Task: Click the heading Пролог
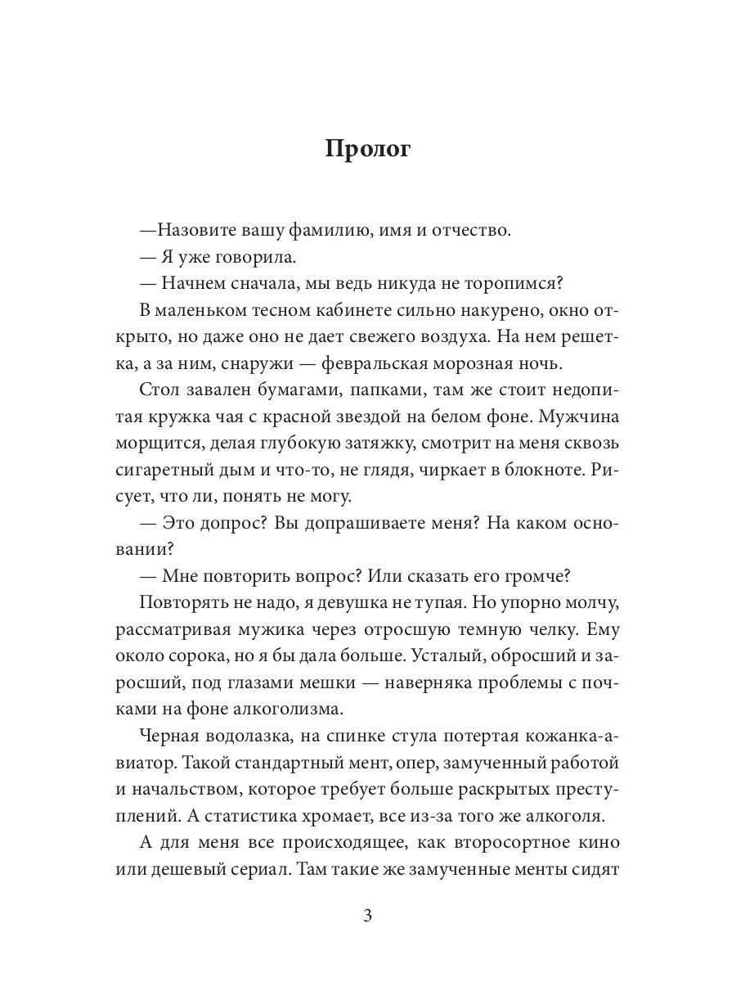pyautogui.click(x=367, y=149)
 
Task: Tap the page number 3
pyautogui.click(x=367, y=916)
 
